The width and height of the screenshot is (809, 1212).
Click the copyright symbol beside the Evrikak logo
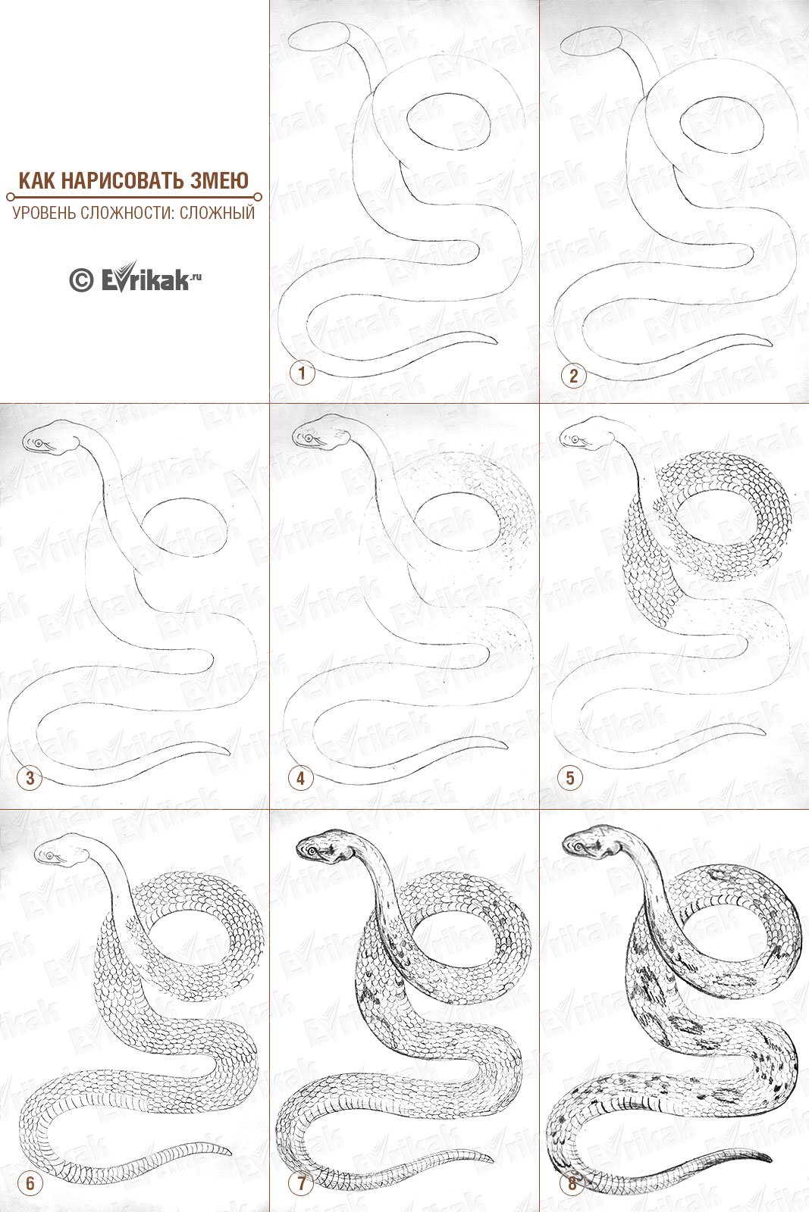(x=81, y=280)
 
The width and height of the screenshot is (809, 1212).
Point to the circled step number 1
(x=302, y=373)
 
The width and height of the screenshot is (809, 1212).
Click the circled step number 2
(x=573, y=376)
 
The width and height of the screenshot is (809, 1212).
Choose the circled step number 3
(x=30, y=778)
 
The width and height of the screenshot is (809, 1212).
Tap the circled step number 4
(x=300, y=779)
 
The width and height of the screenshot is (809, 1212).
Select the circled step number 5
(x=569, y=778)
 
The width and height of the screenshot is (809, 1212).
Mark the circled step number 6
(x=30, y=1182)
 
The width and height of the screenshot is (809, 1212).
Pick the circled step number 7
(x=302, y=1183)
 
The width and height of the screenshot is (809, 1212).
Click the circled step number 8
(x=572, y=1183)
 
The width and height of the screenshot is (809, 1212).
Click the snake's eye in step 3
(x=39, y=443)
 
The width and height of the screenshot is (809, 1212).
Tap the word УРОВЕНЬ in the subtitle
(x=44, y=212)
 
